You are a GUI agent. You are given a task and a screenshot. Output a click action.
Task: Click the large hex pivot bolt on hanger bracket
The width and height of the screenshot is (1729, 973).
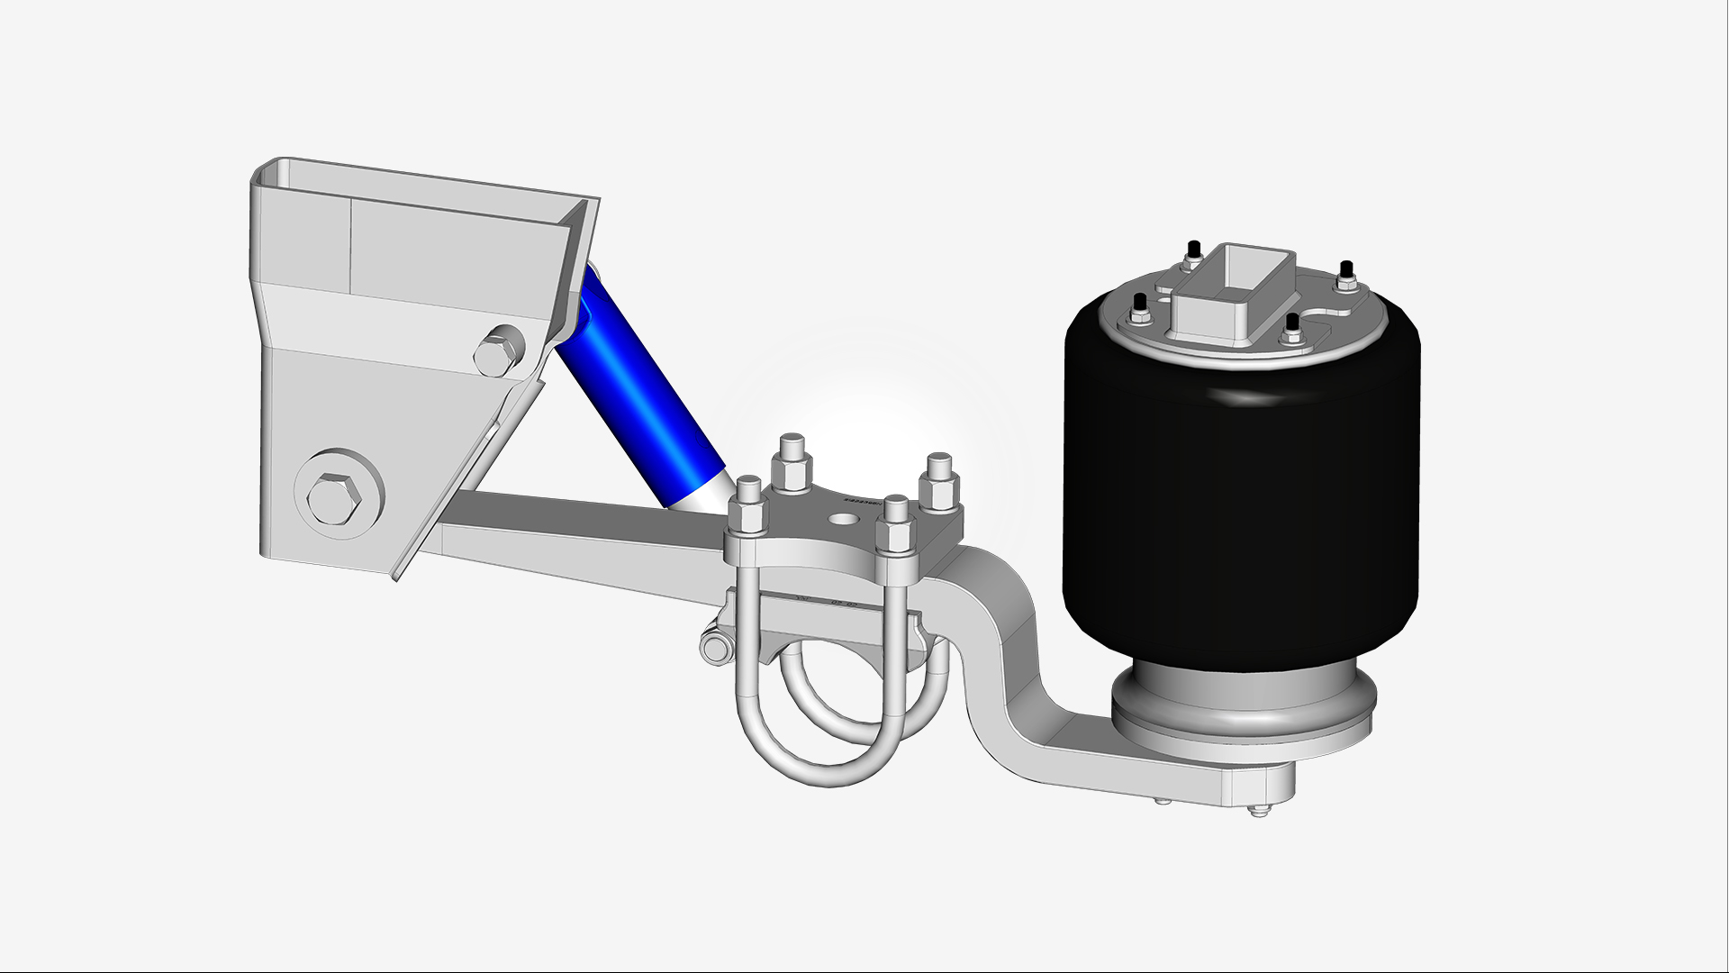click(x=335, y=496)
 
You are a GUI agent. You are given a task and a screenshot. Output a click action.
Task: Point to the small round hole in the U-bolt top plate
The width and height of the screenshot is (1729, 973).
click(x=844, y=520)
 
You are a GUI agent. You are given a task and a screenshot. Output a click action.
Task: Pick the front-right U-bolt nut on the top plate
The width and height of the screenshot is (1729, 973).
click(x=895, y=532)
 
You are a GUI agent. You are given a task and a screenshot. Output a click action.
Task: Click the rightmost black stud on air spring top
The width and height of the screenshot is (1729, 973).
click(x=1346, y=271)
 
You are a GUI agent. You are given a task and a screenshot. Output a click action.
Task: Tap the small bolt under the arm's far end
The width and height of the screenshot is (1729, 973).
click(x=1257, y=810)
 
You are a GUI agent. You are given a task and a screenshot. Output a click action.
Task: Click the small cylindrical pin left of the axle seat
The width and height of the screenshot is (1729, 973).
click(x=715, y=649)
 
